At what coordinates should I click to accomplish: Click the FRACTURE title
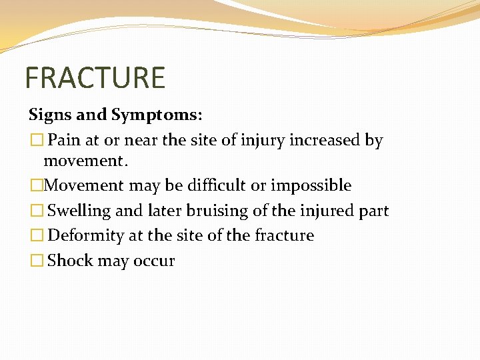pyautogui.click(x=95, y=78)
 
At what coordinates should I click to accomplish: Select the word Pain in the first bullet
pyautogui.click(x=64, y=141)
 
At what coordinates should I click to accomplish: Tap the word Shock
pyautogui.click(x=70, y=260)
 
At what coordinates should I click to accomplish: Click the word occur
pyautogui.click(x=157, y=261)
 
